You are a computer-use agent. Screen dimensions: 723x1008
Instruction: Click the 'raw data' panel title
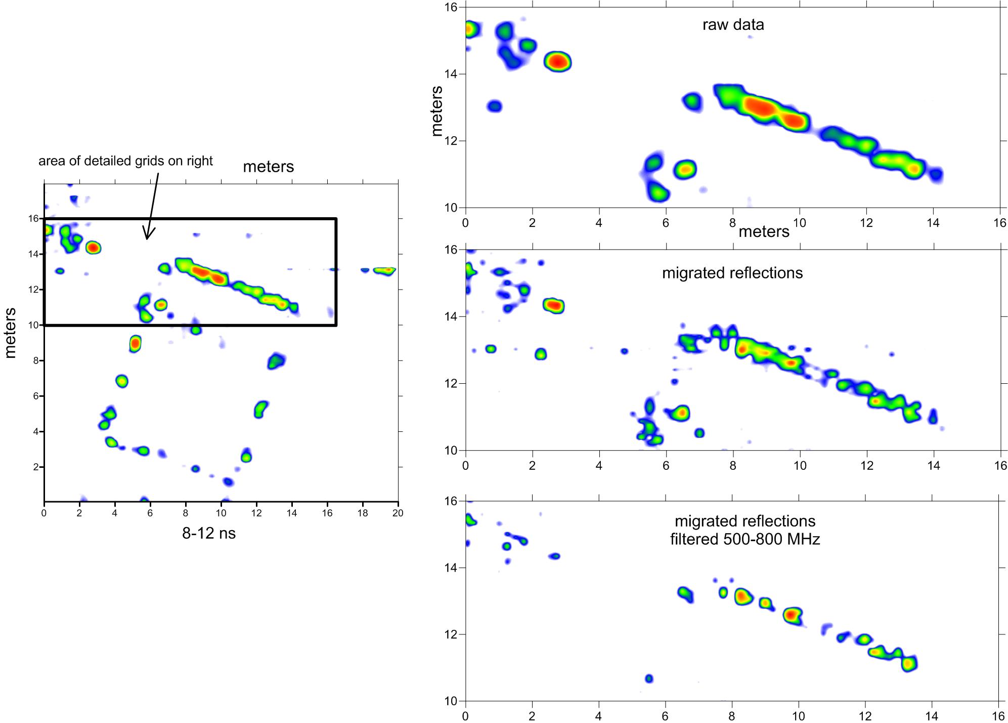733,25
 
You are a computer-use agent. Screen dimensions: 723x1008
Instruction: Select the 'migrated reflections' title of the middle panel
732,273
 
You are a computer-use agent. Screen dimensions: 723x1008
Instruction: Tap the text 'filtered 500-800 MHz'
745,539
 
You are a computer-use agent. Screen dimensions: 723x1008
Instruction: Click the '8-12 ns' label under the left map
209,533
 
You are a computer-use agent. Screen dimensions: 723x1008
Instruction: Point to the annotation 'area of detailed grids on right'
125,161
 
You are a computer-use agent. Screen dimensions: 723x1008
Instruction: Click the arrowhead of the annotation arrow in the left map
147,237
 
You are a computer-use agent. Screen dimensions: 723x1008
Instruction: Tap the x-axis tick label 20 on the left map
398,513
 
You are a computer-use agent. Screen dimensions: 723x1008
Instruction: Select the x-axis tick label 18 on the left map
362,513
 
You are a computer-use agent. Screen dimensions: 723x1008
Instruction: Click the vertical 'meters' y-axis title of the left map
11,333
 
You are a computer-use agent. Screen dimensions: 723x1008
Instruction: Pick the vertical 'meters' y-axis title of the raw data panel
437,111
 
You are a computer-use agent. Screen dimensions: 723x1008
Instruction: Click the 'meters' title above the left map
269,167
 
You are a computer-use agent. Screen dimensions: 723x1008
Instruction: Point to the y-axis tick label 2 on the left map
36,467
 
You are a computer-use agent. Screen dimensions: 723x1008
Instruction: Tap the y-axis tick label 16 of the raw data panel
451,7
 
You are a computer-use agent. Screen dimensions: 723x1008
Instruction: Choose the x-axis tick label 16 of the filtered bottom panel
998,716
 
